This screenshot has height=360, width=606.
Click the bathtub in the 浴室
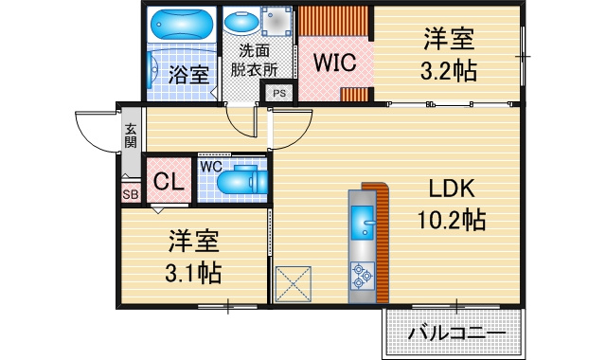pos(182,24)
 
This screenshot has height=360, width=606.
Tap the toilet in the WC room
pos(242,180)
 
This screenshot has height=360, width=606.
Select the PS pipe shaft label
pos(279,93)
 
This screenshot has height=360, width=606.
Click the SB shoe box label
pos(131,194)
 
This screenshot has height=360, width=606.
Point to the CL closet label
pos(169,181)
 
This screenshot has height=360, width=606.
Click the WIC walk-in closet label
pos(334,63)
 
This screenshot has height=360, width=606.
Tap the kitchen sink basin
pos(363,223)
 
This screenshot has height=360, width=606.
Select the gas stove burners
pos(363,276)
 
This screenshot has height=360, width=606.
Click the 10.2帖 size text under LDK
pos(452,220)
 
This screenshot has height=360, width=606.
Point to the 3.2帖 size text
pos(448,71)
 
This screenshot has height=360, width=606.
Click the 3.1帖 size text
pos(193,274)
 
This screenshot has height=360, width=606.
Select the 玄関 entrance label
pos(131,135)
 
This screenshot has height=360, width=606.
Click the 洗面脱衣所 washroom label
pos(254,61)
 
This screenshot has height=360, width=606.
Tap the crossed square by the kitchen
pos(293,284)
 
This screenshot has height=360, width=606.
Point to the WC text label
pos(211,167)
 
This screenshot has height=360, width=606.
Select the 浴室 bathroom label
pos(189,75)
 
